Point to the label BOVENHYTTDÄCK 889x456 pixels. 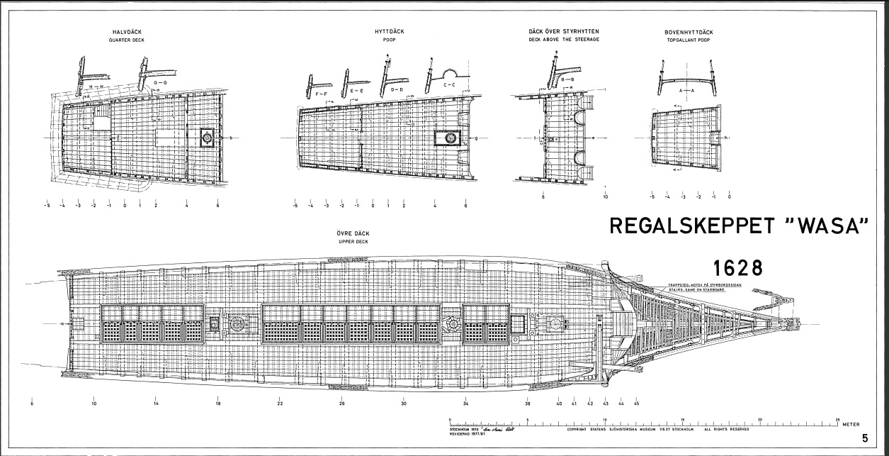click(689, 33)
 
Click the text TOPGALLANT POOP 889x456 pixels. click(689, 40)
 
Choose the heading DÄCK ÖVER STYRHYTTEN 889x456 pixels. click(564, 33)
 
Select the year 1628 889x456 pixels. click(737, 268)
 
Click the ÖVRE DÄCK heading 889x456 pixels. click(353, 234)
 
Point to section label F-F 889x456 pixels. click(321, 94)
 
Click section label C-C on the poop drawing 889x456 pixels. click(449, 85)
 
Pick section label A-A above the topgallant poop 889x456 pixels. click(686, 91)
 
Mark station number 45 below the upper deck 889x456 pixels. click(637, 404)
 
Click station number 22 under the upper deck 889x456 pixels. click(280, 404)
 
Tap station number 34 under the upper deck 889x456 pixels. click(465, 404)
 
